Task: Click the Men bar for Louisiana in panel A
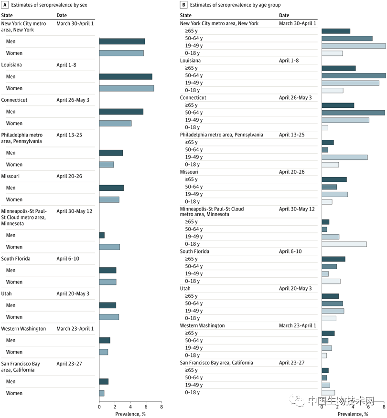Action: [126, 76]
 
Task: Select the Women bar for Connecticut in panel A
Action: [115, 123]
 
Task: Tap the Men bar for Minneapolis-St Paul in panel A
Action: [102, 235]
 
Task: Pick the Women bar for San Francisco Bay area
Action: [102, 393]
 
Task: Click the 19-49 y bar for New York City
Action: [354, 46]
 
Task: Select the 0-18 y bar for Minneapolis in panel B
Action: [344, 244]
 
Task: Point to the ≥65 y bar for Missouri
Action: [334, 179]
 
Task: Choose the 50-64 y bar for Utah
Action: [332, 303]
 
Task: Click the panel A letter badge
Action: [4, 5]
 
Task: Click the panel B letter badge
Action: [183, 5]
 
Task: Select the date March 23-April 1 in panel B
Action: [297, 325]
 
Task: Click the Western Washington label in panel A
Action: [23, 329]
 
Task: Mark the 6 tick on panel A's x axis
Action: [146, 407]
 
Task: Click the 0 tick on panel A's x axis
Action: [99, 407]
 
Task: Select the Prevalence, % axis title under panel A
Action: [130, 414]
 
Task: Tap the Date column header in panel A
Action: [62, 16]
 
